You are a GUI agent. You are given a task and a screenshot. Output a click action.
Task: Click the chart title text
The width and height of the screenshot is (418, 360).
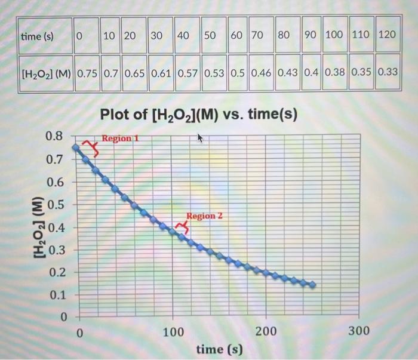point(199,113)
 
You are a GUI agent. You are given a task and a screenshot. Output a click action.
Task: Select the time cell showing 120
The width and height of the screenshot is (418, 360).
point(387,35)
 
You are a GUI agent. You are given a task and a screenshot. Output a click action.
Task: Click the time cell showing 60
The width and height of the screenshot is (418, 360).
point(236,35)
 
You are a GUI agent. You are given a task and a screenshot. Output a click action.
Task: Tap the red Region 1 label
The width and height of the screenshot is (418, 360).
point(121,139)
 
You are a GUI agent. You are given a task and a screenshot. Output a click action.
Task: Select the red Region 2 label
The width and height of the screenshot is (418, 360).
point(204,216)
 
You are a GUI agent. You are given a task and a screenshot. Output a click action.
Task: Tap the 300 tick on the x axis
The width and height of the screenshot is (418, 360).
point(358,331)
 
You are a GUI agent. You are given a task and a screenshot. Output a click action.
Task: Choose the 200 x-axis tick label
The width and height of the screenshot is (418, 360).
point(266,331)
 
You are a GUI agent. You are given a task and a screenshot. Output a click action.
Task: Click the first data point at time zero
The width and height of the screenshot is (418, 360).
point(75,147)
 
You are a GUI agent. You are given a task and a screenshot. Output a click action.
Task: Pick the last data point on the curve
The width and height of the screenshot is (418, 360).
point(312,285)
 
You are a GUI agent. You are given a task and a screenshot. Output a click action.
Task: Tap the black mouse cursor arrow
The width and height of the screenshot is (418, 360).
point(201,139)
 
